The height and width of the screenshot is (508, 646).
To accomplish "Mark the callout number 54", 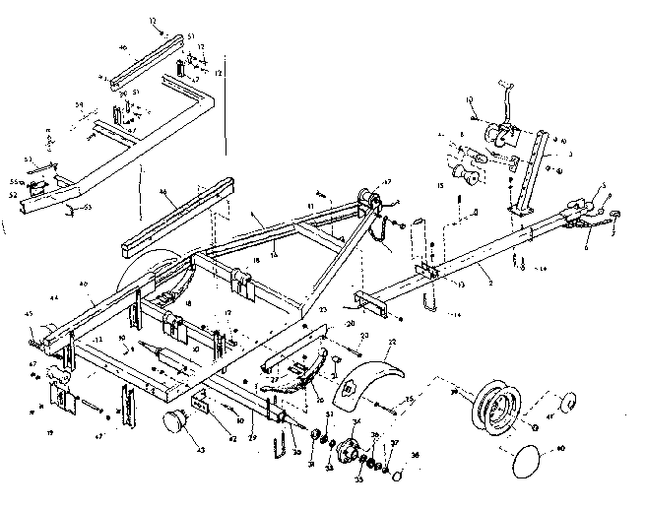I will [79, 102].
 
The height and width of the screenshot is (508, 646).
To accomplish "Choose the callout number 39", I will [454, 391].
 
